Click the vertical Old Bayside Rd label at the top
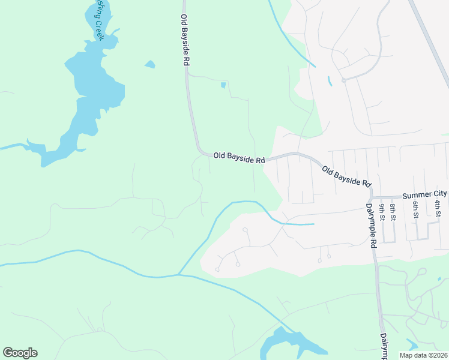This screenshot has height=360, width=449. point(185,40)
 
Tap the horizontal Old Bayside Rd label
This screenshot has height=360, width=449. point(239,157)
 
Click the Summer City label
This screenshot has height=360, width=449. point(424,194)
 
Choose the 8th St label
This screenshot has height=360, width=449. point(393,211)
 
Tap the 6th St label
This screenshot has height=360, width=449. point(415,209)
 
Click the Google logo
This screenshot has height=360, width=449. point(20,353)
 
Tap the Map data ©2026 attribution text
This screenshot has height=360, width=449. point(423,355)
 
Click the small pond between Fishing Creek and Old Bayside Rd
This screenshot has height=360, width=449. point(149,64)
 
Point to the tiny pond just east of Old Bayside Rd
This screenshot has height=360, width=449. point(223,85)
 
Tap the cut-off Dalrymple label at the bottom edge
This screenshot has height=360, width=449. point(382,347)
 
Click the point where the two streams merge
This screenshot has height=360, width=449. point(178,275)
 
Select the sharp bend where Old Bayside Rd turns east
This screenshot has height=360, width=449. point(200,151)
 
